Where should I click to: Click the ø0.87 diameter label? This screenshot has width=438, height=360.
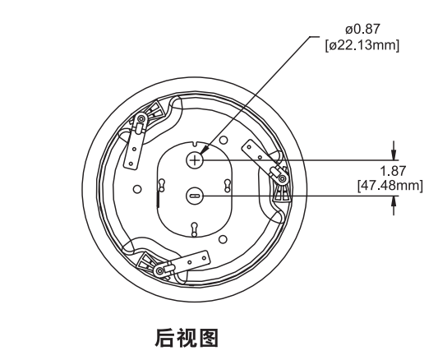[362, 29]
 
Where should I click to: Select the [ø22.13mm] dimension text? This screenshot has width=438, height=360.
[362, 45]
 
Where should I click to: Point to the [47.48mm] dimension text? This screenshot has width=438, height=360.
[390, 186]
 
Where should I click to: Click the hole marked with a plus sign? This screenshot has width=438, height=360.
[195, 160]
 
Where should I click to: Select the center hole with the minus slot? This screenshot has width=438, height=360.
[195, 196]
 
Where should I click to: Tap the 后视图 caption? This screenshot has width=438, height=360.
[187, 338]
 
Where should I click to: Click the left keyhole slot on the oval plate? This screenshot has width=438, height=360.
[161, 185]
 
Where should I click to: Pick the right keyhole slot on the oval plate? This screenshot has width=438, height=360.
[228, 186]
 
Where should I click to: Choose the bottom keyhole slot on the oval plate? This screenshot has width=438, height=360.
[195, 229]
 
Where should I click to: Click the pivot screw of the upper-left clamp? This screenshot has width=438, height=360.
[141, 119]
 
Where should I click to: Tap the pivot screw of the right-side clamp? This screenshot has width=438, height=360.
[283, 178]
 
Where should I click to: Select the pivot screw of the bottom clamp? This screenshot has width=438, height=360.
[160, 270]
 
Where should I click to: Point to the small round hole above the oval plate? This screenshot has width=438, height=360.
[224, 141]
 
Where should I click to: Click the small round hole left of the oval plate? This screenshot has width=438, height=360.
[137, 189]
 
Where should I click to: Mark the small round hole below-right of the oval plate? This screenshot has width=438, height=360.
[223, 239]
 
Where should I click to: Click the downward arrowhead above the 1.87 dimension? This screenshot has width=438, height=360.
[394, 155]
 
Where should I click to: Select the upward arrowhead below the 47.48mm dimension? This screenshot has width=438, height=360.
[394, 201]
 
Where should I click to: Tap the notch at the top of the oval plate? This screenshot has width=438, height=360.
[195, 144]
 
